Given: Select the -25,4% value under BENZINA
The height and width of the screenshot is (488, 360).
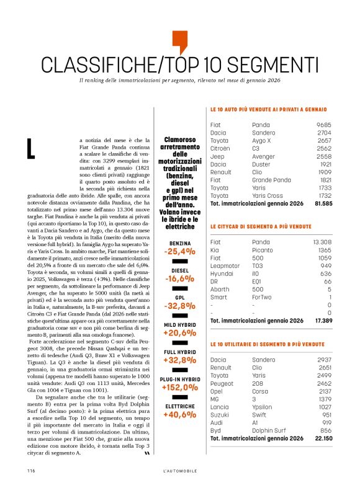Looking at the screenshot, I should pyautogui.click(x=180, y=252).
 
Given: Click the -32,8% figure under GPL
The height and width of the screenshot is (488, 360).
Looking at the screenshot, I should pyautogui.click(x=180, y=306).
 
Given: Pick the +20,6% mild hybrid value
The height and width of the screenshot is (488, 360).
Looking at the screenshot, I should pyautogui.click(x=180, y=333).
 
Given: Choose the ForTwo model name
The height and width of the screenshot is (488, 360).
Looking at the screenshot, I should pyautogui.click(x=263, y=297).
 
